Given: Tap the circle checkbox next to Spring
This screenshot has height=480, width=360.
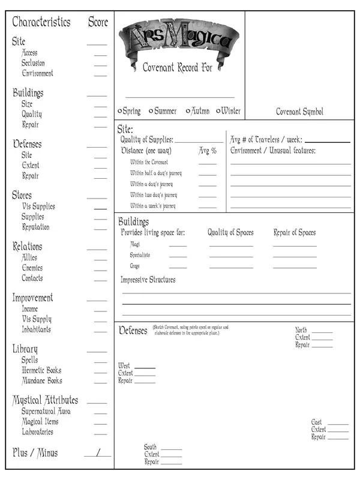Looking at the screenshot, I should point(121,111).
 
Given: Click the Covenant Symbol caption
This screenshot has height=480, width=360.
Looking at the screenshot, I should point(299,112).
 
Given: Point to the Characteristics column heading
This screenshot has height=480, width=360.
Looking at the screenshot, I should point(41,22).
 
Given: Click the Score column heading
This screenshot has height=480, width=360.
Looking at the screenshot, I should point(98,22).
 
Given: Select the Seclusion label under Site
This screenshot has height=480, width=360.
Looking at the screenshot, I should point(33,63).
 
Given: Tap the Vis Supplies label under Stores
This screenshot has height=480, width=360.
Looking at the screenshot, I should point(38,206).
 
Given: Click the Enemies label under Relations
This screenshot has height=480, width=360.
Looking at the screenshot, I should point(32,268).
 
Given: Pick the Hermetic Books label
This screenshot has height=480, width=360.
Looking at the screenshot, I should point(41,370).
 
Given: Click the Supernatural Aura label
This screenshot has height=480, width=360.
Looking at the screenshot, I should point(46,412).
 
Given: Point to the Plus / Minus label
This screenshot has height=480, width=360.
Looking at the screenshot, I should point(35,452).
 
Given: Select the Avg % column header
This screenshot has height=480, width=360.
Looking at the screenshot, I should point(208,151).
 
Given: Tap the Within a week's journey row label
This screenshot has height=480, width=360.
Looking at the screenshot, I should point(154,206).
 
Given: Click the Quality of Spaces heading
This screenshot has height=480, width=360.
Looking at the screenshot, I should point(230,233).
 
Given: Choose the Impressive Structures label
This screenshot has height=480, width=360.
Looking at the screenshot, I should point(148,280).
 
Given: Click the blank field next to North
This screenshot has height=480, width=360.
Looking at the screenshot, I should point(322,331).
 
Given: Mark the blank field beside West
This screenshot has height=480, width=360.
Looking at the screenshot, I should point(145,367).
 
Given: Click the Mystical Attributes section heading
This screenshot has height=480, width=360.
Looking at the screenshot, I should point(45,400).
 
